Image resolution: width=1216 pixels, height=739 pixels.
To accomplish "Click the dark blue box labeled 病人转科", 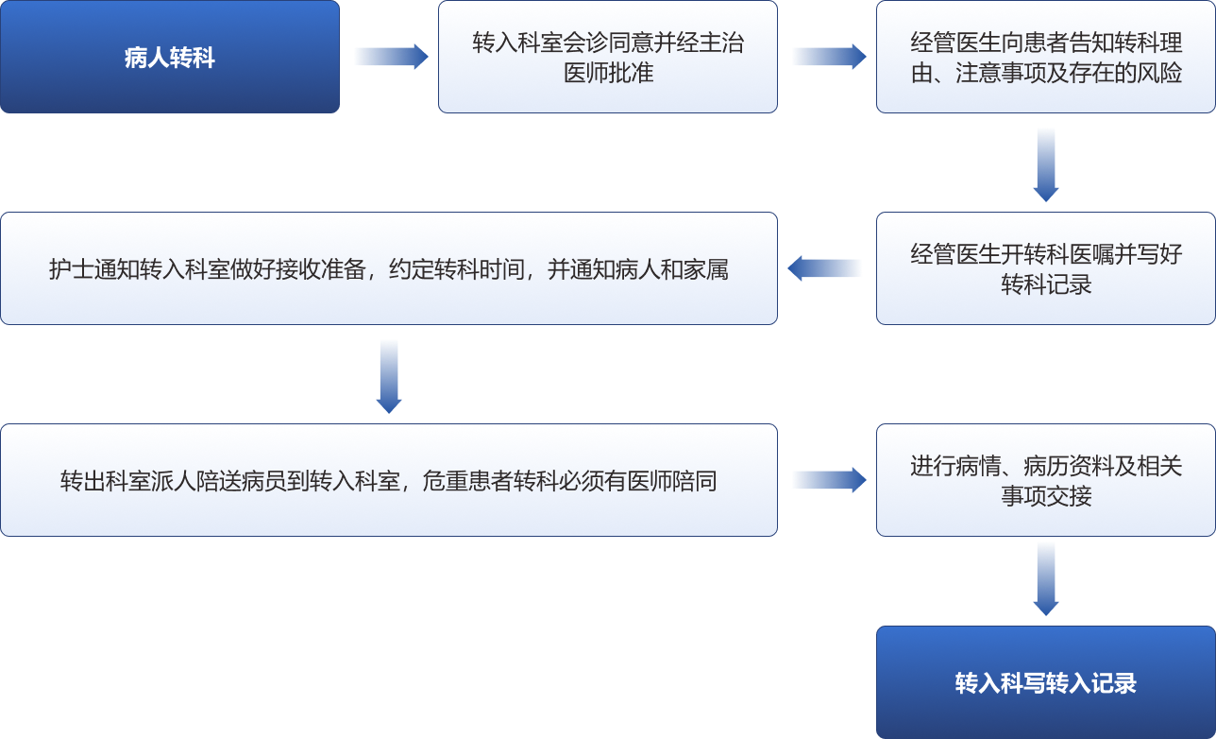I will click(x=170, y=57).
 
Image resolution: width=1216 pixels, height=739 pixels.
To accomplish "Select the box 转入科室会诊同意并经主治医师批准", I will click(x=608, y=57).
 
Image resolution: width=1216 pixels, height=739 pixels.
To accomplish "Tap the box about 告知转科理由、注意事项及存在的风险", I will click(x=1046, y=57).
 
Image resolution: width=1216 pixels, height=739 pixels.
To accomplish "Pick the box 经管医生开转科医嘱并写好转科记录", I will click(x=1046, y=268).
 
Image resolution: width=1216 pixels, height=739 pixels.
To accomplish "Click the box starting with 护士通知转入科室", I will click(x=389, y=268).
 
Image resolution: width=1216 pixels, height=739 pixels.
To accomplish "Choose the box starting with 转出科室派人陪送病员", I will click(x=389, y=480).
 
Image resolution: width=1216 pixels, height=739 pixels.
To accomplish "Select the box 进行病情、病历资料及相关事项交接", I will click(x=1046, y=480).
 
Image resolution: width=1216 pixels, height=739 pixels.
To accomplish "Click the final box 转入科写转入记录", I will click(x=1046, y=682).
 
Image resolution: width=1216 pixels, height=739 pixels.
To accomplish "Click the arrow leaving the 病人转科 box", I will click(x=390, y=57).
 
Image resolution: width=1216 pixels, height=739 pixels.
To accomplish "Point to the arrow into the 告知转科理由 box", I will click(x=828, y=57).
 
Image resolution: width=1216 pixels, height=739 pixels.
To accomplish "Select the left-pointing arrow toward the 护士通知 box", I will click(x=825, y=268).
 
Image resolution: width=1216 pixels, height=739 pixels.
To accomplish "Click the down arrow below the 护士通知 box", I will click(x=389, y=375).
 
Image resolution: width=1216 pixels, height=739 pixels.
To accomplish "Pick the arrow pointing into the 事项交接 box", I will click(x=828, y=480).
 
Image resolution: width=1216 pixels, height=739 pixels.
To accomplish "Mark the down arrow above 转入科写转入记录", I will click(x=1046, y=578).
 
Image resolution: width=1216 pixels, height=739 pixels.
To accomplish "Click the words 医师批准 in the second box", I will click(x=608, y=73).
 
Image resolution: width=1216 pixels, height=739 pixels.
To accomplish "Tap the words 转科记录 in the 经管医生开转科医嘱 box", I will click(x=1046, y=284).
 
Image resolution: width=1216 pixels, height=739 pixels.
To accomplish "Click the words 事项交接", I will click(x=1046, y=496).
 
